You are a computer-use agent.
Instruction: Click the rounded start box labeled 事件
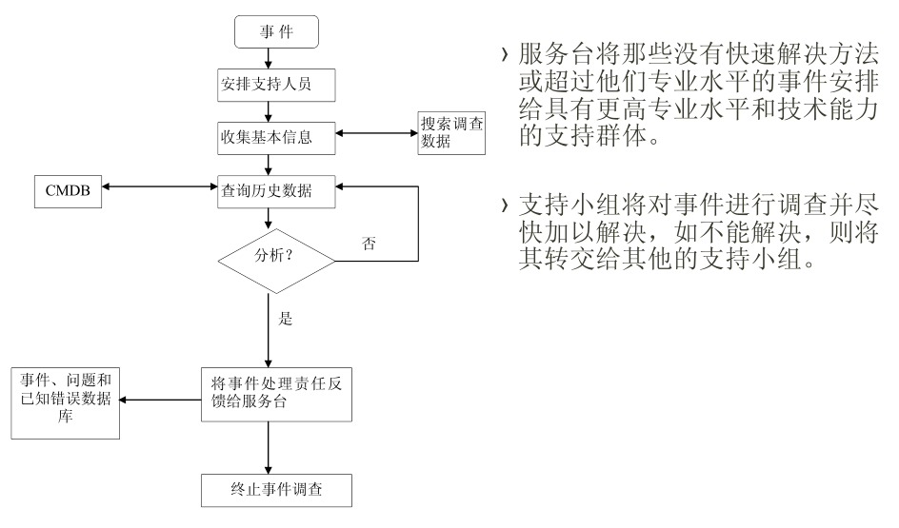pos(276,32)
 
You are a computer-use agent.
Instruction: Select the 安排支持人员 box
pos(275,85)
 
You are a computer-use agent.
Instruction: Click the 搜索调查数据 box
pos(451,133)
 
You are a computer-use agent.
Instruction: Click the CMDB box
pos(67,189)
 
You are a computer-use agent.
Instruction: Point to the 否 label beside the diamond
pos(369,243)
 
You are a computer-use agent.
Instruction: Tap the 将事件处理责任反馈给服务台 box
pos(275,393)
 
